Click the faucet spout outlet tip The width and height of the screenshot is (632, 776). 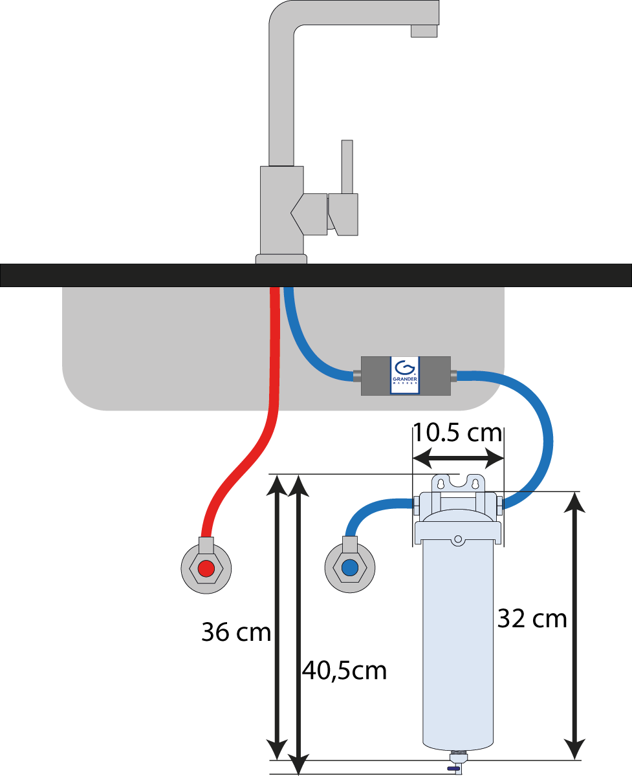tap(425, 31)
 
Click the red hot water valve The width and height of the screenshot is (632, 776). tap(206, 568)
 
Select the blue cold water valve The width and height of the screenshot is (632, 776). tap(350, 568)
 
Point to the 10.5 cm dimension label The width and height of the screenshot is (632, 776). tap(457, 432)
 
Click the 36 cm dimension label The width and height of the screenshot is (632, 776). tap(235, 632)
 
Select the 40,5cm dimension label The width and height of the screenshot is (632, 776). tap(344, 671)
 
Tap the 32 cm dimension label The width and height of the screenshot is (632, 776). tap(532, 619)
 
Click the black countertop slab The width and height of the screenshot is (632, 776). tap(129, 275)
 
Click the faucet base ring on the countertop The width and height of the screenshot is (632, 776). tap(281, 259)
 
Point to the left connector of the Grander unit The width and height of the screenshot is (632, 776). tap(357, 374)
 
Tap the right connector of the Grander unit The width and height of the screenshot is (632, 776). tap(453, 374)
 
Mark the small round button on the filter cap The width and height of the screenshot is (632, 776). tap(458, 539)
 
